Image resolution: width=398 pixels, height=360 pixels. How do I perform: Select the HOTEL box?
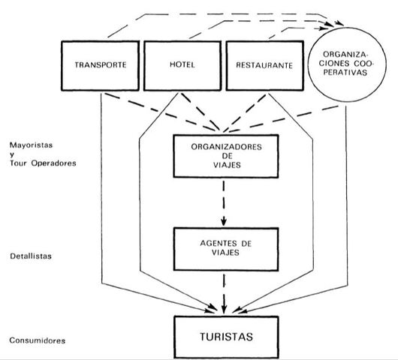tap(179, 64)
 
